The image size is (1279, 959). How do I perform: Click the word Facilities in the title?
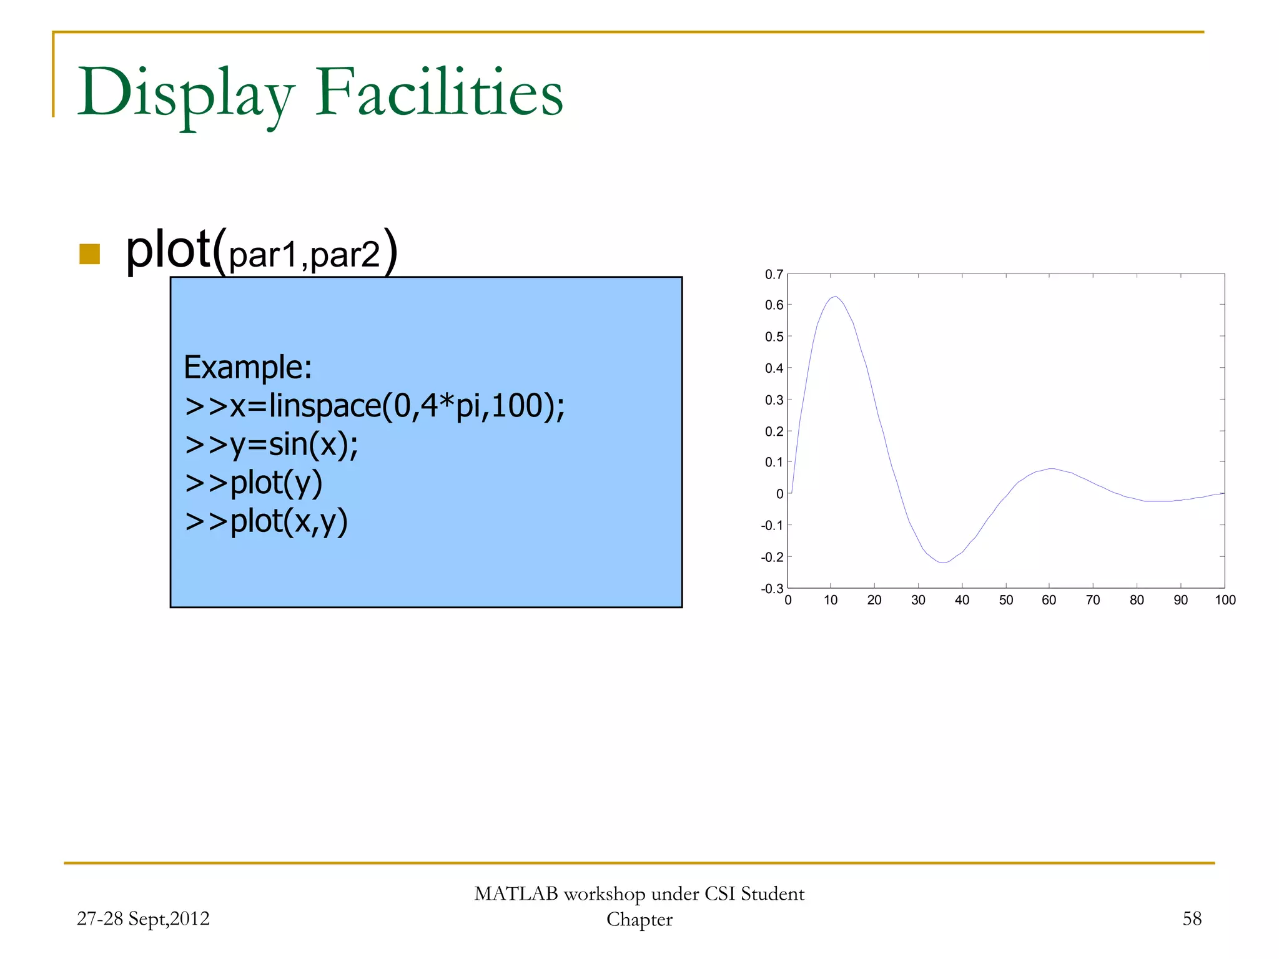pos(438,94)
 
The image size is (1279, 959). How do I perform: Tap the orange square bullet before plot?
pos(90,254)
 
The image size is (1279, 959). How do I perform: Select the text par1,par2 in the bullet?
pos(304,255)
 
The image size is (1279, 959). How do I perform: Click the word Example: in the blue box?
pos(247,367)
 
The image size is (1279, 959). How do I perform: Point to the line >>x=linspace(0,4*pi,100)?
pos(375,406)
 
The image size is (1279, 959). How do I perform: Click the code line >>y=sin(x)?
pos(272,445)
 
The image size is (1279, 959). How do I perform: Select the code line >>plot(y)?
pos(254,483)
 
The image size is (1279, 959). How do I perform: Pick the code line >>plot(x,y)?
pos(266,521)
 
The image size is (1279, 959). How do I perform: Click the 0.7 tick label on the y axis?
pos(774,275)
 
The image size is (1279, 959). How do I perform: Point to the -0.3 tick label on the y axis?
pos(772,588)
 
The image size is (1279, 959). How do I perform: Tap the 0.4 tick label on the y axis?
pos(774,368)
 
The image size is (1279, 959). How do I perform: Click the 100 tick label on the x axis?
pos(1225,600)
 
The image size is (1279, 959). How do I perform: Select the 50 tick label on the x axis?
pos(1005,600)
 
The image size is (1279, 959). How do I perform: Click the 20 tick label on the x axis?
pos(874,600)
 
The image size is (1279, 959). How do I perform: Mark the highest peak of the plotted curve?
pos(835,297)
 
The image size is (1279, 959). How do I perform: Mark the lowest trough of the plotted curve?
pos(943,563)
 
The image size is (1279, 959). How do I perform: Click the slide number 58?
pos(1192,918)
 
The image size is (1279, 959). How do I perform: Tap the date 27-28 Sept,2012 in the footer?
pos(143,918)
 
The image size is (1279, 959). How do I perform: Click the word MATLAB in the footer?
pos(516,893)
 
